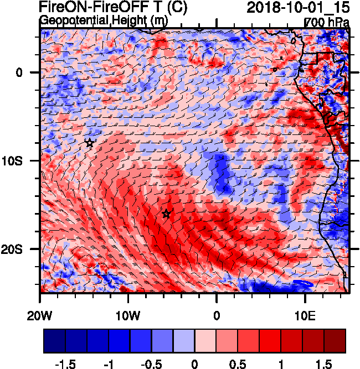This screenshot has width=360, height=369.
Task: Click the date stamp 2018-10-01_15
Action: [297, 8]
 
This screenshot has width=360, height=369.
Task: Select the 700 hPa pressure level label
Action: [327, 22]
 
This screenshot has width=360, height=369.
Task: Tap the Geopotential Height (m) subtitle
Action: [104, 20]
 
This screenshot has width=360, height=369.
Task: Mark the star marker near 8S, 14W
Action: [90, 143]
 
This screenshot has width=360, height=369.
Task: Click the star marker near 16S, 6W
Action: [166, 214]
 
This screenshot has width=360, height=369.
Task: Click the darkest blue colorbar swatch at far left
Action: [54, 341]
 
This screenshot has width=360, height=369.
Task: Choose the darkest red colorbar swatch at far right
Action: [335, 341]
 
